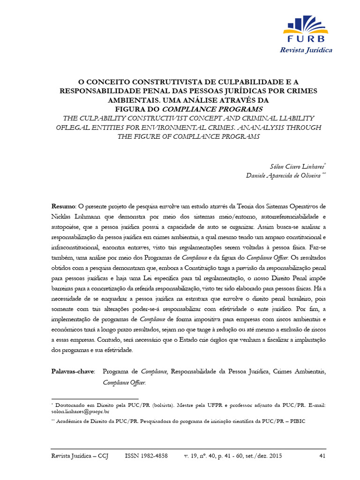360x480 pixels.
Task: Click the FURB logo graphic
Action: pos(306,29)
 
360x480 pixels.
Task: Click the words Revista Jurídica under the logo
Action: pos(306,50)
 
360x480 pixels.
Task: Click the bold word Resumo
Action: pos(63,206)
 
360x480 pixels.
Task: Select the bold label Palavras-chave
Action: pos(73,371)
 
